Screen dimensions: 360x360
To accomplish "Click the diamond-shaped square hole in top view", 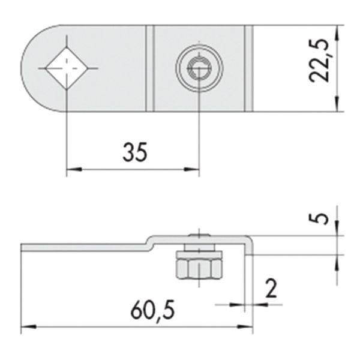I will [x=66, y=68].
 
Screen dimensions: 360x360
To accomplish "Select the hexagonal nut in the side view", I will [x=199, y=266].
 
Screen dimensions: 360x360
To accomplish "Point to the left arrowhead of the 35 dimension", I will [x=71, y=170].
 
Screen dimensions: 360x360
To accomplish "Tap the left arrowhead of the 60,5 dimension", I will [x=26, y=328].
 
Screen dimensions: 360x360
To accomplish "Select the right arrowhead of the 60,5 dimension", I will [x=247, y=328].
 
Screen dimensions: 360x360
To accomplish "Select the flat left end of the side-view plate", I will [x=24, y=247].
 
